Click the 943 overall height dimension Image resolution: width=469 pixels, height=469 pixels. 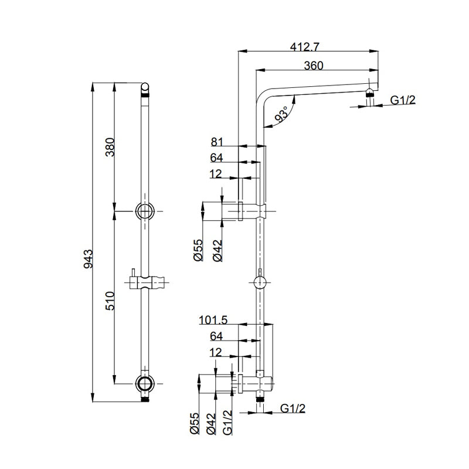(89, 258)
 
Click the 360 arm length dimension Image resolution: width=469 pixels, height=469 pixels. (314, 66)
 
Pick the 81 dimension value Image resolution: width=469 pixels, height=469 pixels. (217, 141)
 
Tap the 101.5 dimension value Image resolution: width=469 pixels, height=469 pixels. (213, 320)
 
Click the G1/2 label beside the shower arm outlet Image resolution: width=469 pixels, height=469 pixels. (403, 100)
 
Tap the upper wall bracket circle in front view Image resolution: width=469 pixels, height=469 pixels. (144, 210)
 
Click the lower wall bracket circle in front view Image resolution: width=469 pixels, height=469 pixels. (144, 383)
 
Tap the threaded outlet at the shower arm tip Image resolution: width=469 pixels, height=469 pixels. (369, 93)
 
